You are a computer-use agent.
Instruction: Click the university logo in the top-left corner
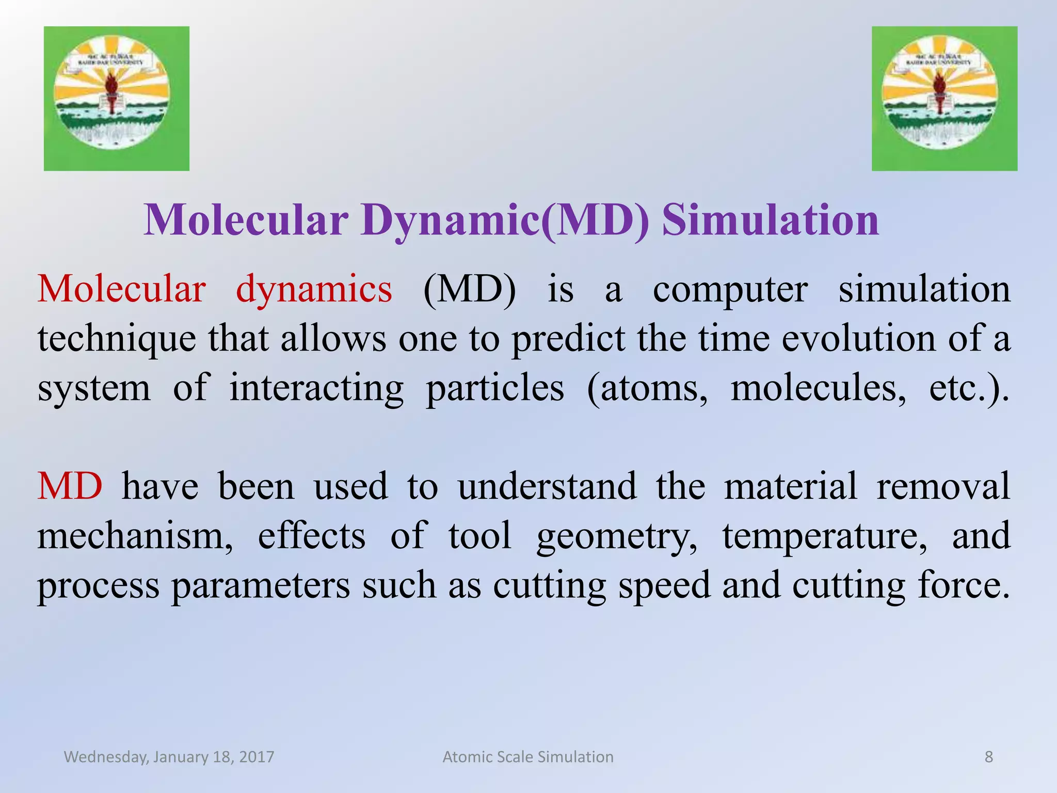[116, 98]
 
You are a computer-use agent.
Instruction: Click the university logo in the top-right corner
[944, 98]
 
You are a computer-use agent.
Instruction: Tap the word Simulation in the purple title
[770, 220]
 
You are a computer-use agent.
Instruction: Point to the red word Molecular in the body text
[122, 289]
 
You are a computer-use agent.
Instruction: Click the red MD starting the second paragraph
[70, 486]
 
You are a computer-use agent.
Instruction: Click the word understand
[547, 486]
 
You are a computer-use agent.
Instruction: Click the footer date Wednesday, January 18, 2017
[169, 757]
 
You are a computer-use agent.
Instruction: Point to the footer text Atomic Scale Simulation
[528, 757]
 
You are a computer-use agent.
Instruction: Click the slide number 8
[988, 757]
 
